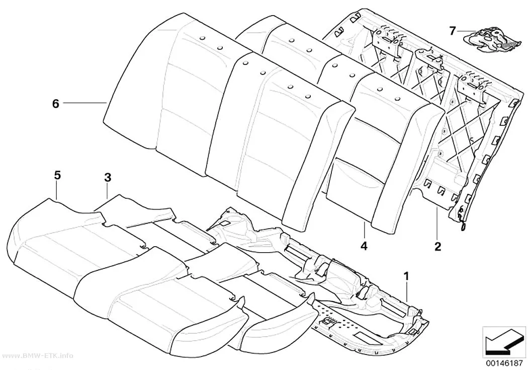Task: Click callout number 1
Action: tap(406, 277)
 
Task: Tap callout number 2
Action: tap(437, 246)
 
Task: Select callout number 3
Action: tap(107, 177)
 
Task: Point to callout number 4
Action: tap(364, 246)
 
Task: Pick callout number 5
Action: tap(57, 175)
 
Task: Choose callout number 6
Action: tap(55, 104)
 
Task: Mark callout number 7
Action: tap(452, 31)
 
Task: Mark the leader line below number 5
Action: tap(57, 190)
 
